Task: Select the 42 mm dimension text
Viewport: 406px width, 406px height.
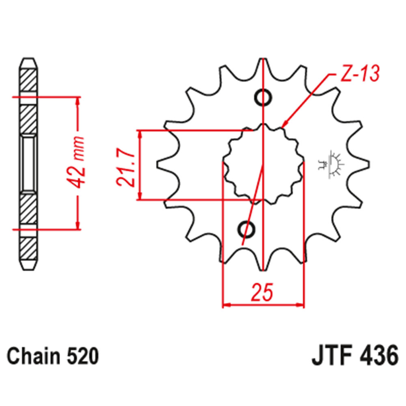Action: click(x=78, y=162)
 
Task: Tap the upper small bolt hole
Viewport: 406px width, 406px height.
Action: click(x=263, y=97)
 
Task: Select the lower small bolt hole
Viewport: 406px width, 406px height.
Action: click(x=246, y=229)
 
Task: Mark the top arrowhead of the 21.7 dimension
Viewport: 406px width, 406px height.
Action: click(x=140, y=134)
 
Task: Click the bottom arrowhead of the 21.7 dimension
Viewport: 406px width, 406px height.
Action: click(x=140, y=196)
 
